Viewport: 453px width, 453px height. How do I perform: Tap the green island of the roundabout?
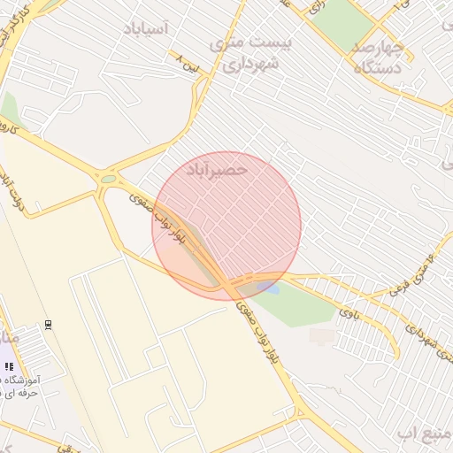(x=108, y=179)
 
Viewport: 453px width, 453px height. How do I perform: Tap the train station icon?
(x=48, y=324)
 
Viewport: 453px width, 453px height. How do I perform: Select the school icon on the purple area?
(x=10, y=365)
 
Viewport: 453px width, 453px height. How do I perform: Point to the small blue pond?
(x=272, y=288)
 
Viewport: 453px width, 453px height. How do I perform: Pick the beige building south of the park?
(x=322, y=337)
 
